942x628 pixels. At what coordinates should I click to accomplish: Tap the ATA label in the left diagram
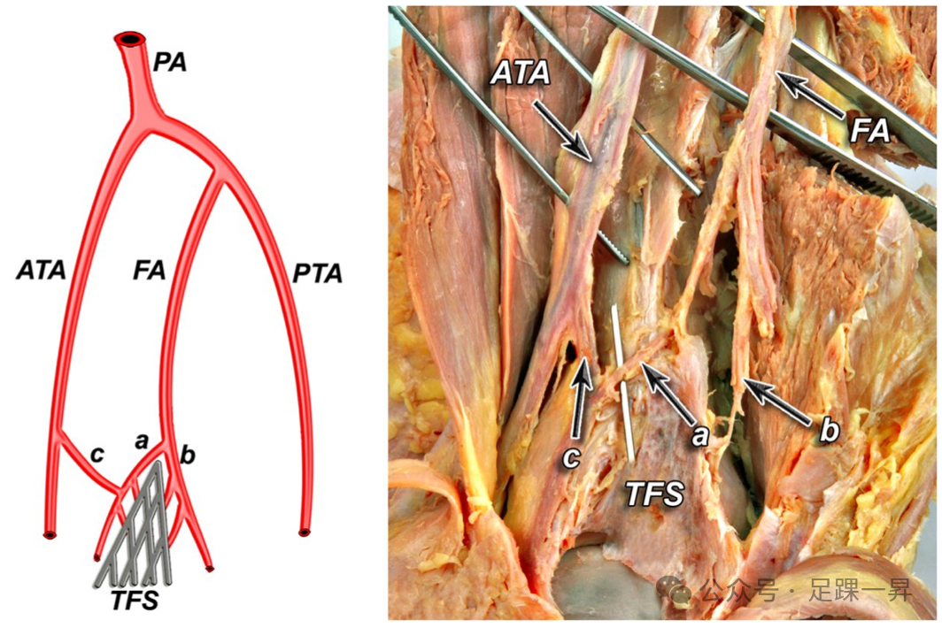point(41,270)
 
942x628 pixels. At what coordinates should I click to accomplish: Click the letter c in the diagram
point(97,454)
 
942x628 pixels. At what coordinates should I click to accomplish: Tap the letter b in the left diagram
point(187,456)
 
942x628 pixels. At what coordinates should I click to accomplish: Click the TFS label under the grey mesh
point(135,601)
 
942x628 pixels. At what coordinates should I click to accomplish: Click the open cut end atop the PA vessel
point(131,40)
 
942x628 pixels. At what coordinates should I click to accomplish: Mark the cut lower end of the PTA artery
point(304,532)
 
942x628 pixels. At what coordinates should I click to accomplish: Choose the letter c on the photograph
point(574,457)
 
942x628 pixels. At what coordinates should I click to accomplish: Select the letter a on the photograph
point(700,434)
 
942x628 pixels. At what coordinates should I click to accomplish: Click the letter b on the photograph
point(830,431)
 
